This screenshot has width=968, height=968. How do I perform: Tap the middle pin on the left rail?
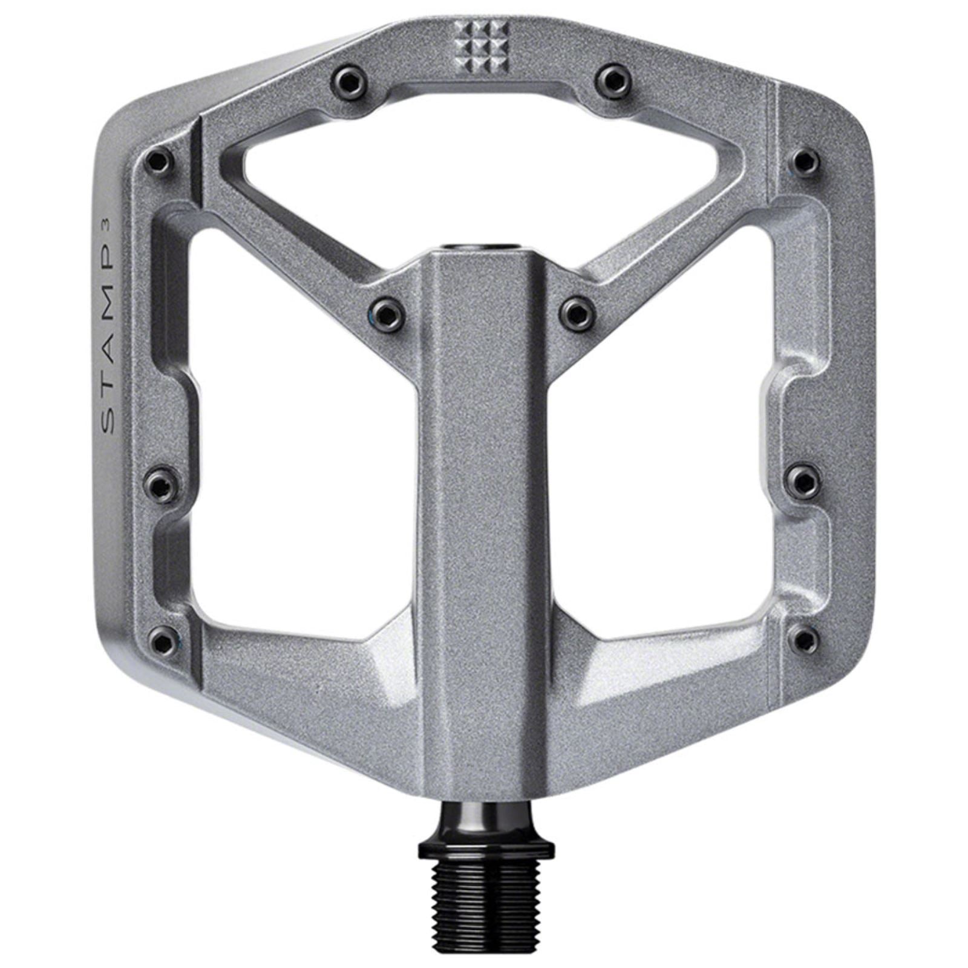click(x=161, y=483)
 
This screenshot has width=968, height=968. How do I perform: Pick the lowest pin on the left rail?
click(x=162, y=639)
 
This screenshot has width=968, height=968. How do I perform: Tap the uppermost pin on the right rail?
click(x=806, y=160)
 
